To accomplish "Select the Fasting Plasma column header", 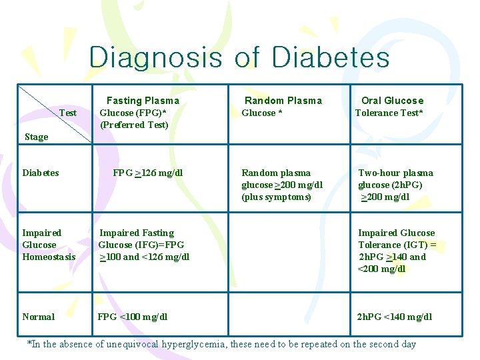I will click(143, 101).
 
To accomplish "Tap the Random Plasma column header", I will click(283, 101).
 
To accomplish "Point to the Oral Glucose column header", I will click(392, 101).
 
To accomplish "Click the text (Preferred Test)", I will click(134, 125).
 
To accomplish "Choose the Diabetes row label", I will click(41, 173).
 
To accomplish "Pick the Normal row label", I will click(39, 317).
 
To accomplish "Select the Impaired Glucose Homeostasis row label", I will click(49, 245).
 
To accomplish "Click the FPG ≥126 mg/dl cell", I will click(148, 173).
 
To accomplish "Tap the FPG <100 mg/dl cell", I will click(133, 317).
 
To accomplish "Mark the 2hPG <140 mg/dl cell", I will click(395, 317).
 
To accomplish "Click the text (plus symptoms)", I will click(276, 197).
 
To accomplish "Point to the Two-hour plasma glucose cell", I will click(395, 185).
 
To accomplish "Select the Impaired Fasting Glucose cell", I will click(143, 245).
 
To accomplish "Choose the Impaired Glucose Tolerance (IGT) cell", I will click(397, 251).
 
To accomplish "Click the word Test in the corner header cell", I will click(68, 113).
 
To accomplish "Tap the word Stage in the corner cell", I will click(37, 137).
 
